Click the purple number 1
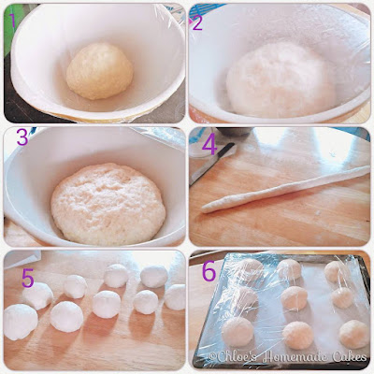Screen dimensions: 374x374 (12, 21)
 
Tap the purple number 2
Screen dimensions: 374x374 (197, 22)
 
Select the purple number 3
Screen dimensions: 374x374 (22, 137)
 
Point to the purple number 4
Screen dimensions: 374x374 (209, 146)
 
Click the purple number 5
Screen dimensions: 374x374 (28, 279)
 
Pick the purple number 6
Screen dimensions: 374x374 (209, 271)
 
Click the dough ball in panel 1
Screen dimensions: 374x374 (100, 71)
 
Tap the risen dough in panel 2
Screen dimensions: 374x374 (280, 80)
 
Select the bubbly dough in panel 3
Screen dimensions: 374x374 (108, 204)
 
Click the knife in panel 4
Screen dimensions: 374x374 (212, 164)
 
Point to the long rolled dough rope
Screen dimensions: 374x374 (285, 189)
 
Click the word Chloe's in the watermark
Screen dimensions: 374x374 (234, 357)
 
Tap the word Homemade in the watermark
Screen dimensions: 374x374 (295, 356)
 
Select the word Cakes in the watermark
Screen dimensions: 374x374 (350, 356)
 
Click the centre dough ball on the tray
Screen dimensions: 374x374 (294, 298)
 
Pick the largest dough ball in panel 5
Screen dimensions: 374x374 (21, 322)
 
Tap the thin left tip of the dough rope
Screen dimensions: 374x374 (203, 209)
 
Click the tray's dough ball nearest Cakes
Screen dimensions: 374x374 (353, 334)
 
